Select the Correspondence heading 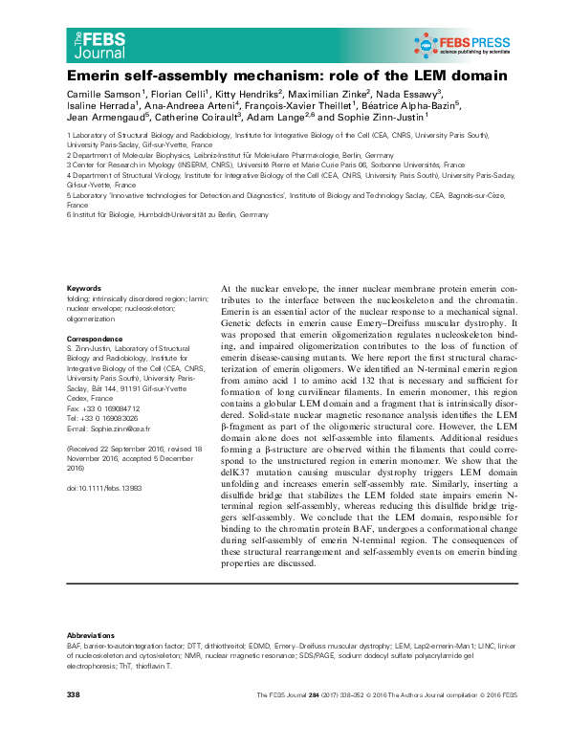point(97,341)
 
